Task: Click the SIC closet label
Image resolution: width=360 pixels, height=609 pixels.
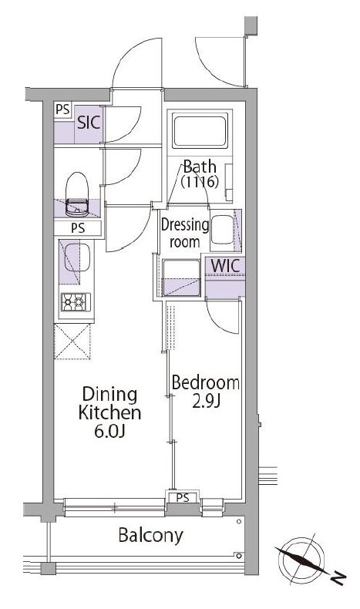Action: (x=89, y=123)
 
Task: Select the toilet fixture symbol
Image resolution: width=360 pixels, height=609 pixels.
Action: (x=77, y=194)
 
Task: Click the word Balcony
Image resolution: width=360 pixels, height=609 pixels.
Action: (x=150, y=536)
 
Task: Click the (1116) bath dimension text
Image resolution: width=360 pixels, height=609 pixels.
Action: (x=200, y=182)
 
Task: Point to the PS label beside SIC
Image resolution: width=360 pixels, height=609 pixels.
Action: (x=62, y=109)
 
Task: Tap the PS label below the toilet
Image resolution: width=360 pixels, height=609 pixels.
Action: (x=78, y=228)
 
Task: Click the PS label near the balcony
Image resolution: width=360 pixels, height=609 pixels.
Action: (x=183, y=497)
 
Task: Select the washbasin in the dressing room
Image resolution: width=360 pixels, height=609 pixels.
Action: (x=222, y=230)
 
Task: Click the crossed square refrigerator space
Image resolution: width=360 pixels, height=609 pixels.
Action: (x=72, y=342)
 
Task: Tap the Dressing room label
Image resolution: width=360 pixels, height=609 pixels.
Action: (x=185, y=234)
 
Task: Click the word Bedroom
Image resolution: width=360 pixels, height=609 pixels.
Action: (x=205, y=383)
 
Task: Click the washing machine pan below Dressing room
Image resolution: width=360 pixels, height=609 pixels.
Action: (x=181, y=278)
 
